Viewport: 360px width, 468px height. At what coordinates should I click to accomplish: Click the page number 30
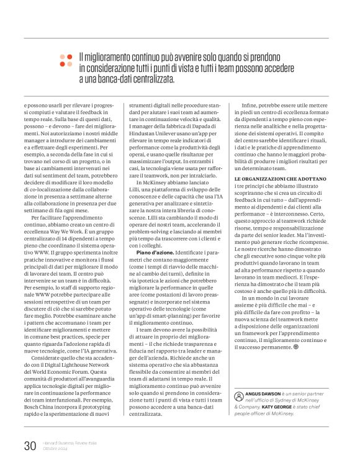tap(30, 445)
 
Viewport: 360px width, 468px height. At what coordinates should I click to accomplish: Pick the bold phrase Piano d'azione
tap(155, 253)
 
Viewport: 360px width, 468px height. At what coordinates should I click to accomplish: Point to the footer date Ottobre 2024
tap(56, 449)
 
